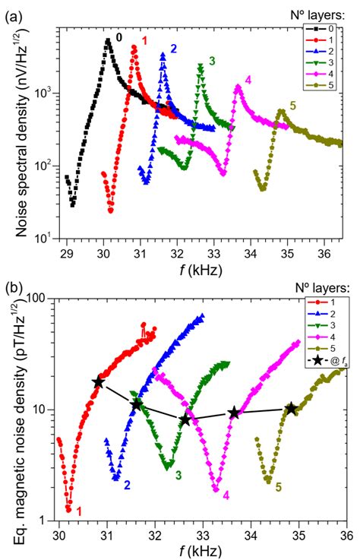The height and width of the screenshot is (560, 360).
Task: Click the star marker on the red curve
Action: coord(98,382)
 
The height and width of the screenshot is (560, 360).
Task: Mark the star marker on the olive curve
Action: coord(292,409)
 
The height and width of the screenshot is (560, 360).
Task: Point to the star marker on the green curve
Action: coord(185,419)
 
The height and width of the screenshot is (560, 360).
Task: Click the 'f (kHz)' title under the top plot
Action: coord(201,267)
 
